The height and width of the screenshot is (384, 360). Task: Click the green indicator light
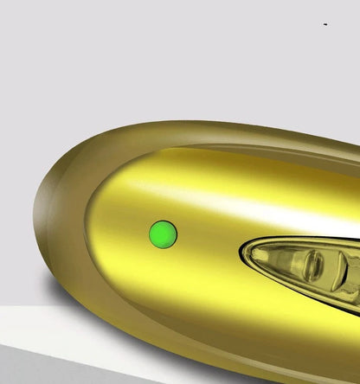point(163,234)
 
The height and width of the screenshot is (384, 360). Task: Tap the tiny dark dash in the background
point(325,25)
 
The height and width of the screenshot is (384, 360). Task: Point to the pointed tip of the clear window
point(244,254)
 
